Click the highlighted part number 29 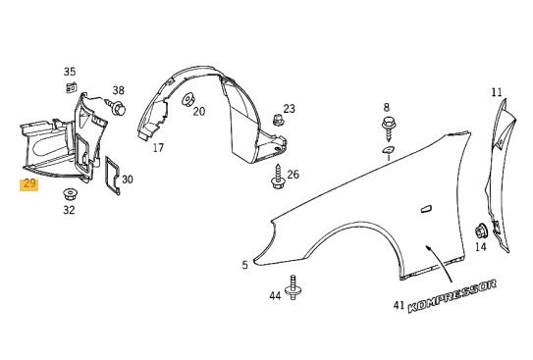click(28, 183)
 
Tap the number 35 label click(70, 72)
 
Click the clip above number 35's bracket click(71, 88)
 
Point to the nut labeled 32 click(70, 190)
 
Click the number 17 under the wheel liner click(158, 148)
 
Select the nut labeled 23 click(278, 120)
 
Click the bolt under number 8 click(386, 124)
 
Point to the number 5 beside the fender click(244, 265)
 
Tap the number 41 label click(398, 306)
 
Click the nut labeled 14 click(481, 231)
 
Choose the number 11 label click(497, 93)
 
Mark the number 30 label click(128, 180)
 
